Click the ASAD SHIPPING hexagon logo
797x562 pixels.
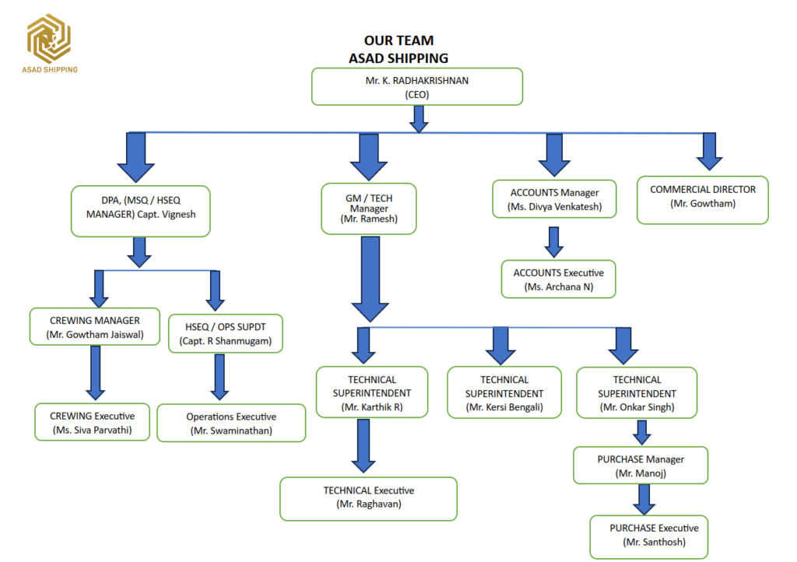pos(49,39)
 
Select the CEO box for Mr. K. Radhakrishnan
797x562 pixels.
pos(417,87)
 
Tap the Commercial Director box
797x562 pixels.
pos(703,200)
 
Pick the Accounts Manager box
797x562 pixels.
pos(554,199)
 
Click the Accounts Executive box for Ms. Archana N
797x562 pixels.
pos(559,279)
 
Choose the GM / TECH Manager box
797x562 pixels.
pos(369,209)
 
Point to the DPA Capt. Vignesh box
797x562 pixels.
pos(141,212)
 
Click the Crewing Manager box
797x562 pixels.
pos(95,327)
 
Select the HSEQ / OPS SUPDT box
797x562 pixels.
pos(226,333)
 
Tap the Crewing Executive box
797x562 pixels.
pos(93,422)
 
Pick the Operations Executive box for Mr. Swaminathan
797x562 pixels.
pos(231,423)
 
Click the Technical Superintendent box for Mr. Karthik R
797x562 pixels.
pos(372,392)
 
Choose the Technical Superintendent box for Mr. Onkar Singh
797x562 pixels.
pos(637,393)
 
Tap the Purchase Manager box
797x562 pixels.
pos(641,465)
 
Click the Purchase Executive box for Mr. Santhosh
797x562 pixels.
pos(649,537)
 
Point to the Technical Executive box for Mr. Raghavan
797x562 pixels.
pos(368,499)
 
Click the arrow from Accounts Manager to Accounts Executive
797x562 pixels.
pos(554,242)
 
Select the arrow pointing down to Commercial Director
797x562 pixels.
pos(710,152)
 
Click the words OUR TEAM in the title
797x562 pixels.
pos(399,40)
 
